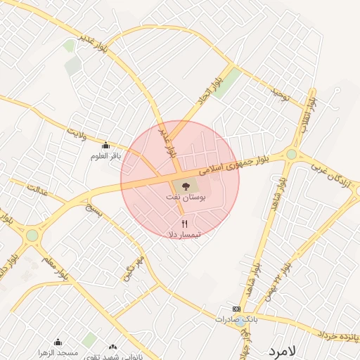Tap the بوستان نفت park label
(x=184, y=198)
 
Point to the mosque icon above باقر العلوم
(x=106, y=146)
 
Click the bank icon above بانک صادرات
(x=236, y=309)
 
